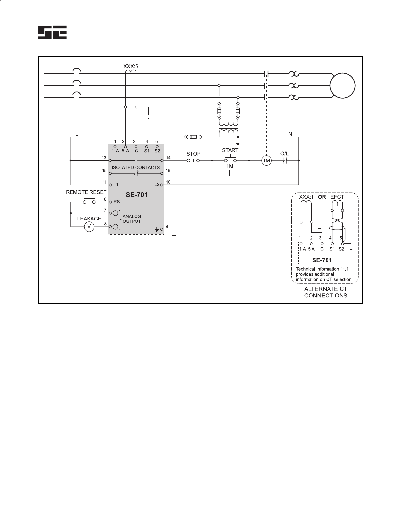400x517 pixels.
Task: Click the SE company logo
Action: pos(52,32)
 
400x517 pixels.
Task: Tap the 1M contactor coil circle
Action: pos(266,160)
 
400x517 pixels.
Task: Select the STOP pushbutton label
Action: pos(193,154)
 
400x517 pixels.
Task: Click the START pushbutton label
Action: pos(230,150)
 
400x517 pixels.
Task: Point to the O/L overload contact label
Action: pos(284,154)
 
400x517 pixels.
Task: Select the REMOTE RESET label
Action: pos(86,192)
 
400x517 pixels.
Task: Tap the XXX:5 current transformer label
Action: pos(131,66)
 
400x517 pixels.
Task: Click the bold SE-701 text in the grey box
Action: pos(136,195)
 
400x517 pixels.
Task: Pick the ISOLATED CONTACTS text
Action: pos(136,168)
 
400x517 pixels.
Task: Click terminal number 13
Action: pos(104,158)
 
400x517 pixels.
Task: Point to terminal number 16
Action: pos(168,170)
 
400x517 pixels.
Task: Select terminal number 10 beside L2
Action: pos(168,182)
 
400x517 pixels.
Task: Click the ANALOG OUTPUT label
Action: pos(132,219)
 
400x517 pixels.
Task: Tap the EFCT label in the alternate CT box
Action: pos(337,197)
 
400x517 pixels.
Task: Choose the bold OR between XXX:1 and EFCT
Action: pos(322,197)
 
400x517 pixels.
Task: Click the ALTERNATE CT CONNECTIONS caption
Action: pos(326,292)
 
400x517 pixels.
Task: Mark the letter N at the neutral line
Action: pos(290,134)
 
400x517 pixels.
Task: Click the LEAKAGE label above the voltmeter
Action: pos(89,219)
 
